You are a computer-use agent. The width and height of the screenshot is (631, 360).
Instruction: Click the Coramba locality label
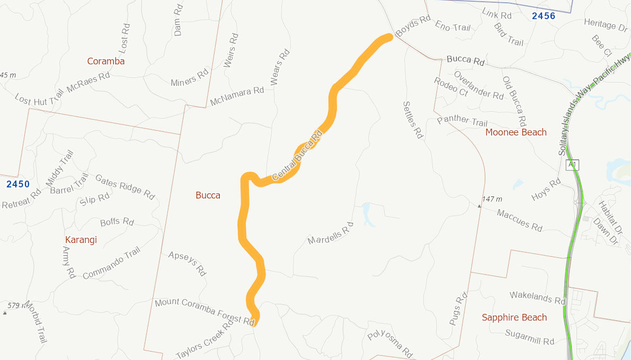106,61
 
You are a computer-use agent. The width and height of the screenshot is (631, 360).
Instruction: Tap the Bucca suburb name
208,195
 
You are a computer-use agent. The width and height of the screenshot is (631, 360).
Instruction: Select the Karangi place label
81,240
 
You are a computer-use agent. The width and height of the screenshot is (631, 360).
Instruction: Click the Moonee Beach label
516,132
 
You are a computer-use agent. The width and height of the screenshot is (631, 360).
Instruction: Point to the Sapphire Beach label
514,318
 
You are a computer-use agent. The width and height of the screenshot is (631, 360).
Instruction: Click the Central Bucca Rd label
297,156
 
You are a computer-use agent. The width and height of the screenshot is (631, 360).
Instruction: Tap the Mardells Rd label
330,233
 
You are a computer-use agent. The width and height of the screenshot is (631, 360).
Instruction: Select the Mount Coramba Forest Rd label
205,311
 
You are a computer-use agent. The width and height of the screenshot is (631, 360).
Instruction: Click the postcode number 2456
544,16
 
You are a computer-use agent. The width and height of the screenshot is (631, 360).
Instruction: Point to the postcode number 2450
18,184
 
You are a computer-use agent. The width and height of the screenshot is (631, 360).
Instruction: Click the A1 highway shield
572,165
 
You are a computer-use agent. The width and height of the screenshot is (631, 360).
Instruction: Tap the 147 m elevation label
492,200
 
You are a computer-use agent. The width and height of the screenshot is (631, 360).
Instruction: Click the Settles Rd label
413,120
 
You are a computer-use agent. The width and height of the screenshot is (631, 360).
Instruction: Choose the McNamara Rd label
237,96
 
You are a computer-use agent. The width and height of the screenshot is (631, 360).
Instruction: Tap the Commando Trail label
111,263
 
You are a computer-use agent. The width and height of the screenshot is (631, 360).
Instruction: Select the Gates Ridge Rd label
125,187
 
